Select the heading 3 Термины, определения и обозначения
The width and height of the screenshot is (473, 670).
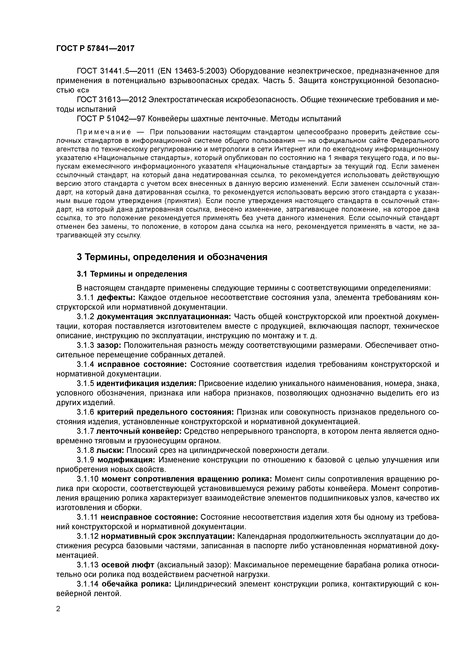[x=172, y=257]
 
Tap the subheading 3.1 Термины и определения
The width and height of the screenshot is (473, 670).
[x=132, y=274]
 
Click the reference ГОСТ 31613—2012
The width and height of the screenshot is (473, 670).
[x=111, y=100]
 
